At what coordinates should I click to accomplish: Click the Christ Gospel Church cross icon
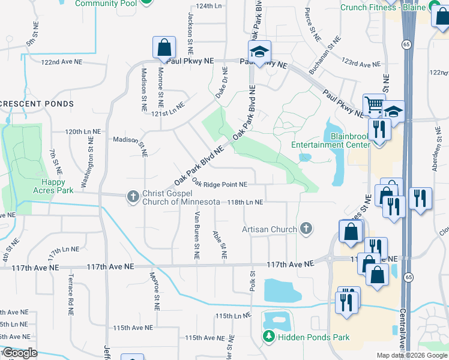[x=133, y=196]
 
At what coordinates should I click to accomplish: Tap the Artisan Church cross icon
[x=306, y=229]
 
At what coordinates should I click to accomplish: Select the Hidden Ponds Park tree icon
[x=270, y=337]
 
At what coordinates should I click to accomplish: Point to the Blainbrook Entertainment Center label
[x=331, y=140]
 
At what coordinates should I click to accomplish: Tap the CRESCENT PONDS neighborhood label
[x=37, y=104]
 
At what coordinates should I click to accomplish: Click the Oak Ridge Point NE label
[x=220, y=184]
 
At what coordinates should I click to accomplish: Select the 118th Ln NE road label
[x=245, y=202]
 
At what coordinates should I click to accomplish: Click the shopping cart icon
[x=373, y=106]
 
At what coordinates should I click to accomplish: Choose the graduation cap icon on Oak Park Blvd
[x=260, y=52]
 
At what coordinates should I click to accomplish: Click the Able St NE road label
[x=220, y=244]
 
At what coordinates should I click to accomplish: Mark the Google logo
[x=20, y=353]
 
